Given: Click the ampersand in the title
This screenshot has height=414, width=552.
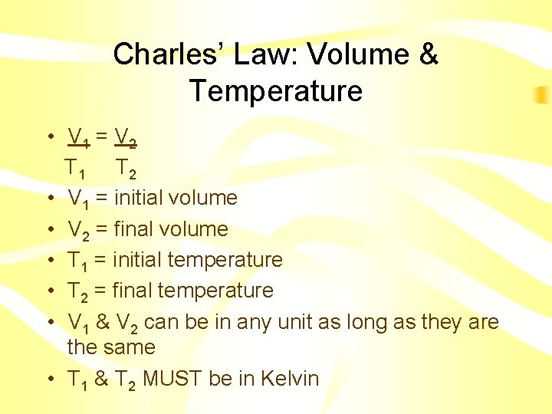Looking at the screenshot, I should [x=429, y=54].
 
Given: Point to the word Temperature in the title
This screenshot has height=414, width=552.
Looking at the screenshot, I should [x=276, y=91].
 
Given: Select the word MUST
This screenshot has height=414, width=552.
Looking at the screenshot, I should [x=171, y=379].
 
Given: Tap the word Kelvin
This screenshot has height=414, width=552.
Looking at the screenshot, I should [x=289, y=379].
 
